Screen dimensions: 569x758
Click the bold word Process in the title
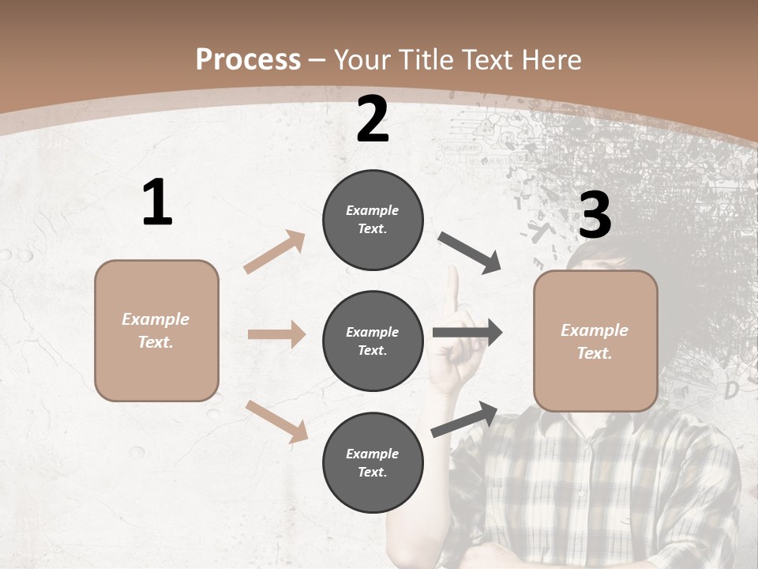coord(248,59)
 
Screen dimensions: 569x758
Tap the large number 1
coord(157,203)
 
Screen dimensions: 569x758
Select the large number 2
coord(373,119)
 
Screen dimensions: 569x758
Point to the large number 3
coord(595,215)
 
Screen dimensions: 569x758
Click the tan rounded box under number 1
coord(156,330)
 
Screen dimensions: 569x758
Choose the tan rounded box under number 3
coord(595,341)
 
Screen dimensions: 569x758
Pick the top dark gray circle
coord(373,220)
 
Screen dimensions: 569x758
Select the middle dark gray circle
coord(373,341)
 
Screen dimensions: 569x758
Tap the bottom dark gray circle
coord(373,462)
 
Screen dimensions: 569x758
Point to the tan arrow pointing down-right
coord(277,420)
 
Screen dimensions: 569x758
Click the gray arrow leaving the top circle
coord(469,252)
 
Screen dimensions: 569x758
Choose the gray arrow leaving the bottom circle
coord(465,419)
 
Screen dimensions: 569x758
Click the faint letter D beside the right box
coord(731,390)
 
